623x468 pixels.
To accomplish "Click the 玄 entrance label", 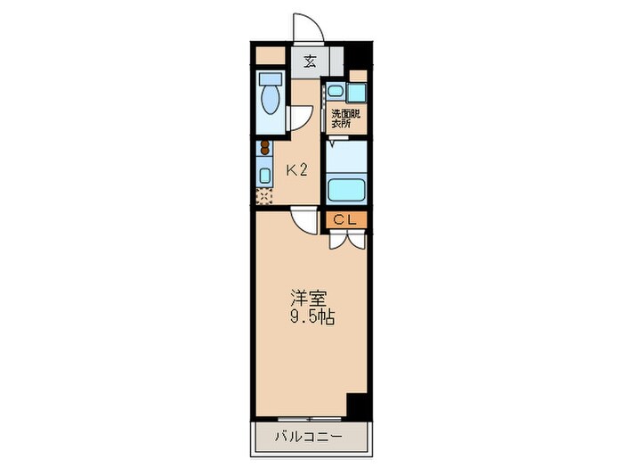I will [310, 62].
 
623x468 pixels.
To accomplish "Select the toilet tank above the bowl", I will [270, 79].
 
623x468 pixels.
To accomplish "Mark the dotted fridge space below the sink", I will [264, 194].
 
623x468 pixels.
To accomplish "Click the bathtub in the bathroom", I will [348, 189].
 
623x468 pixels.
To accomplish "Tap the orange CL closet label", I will [346, 218].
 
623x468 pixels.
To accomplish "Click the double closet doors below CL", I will [346, 238].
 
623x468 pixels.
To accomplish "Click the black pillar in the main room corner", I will [357, 406].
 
